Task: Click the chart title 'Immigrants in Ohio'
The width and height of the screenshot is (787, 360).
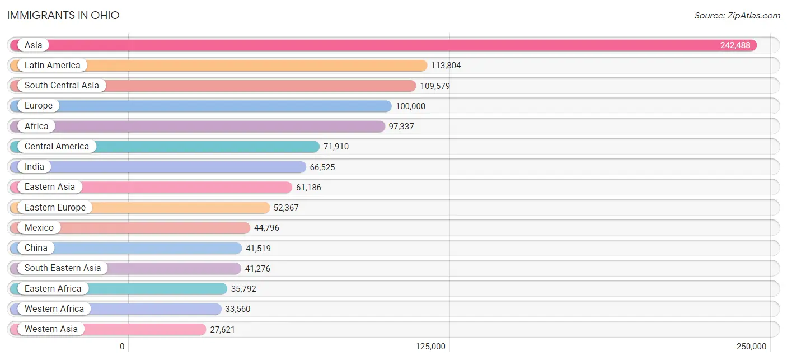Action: pos(63,15)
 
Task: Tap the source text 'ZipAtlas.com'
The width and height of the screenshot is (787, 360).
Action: pos(737,15)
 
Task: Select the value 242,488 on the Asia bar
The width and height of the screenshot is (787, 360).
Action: pos(735,45)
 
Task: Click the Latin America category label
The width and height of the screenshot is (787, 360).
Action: pos(53,66)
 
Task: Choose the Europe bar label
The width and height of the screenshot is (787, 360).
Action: pos(39,106)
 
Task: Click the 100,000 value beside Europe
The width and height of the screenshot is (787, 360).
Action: pos(410,106)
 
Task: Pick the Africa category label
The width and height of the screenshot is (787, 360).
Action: pos(36,127)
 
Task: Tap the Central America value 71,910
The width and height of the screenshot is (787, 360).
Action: pos(336,147)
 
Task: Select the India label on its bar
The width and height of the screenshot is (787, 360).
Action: pos(34,167)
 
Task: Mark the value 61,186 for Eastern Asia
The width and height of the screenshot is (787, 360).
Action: pos(308,188)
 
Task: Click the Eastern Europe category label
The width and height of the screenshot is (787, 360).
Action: pos(55,207)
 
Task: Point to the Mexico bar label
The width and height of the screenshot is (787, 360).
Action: pos(39,228)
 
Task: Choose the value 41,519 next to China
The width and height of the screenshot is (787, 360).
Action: pos(258,248)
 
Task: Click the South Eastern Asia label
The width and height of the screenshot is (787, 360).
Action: pos(63,268)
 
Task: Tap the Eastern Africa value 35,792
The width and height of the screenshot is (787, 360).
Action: pos(243,289)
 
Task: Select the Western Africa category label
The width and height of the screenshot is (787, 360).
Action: pos(54,309)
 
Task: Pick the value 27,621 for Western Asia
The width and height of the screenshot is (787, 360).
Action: pos(222,329)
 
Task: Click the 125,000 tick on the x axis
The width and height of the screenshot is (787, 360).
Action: pos(431,346)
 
